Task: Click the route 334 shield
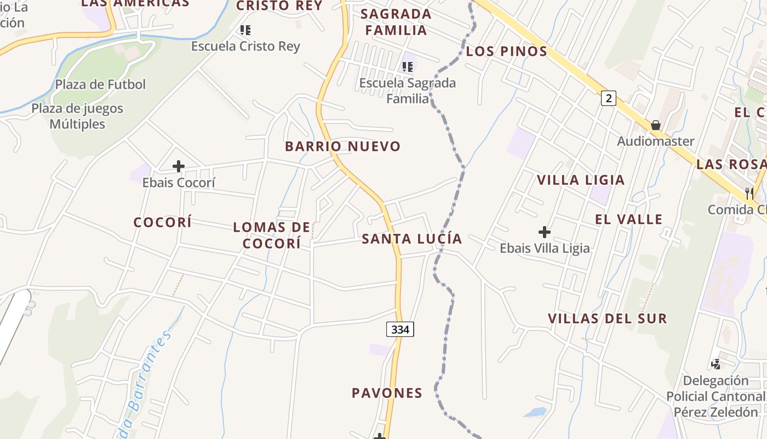pos(400,329)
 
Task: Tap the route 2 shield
pos(608,98)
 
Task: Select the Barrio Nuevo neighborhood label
pos(343,147)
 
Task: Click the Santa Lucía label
pos(412,239)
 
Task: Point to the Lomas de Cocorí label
pos(272,235)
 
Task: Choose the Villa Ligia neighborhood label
pos(581,180)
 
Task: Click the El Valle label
pos(629,219)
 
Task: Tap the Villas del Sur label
pos(608,318)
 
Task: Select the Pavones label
pos(387,393)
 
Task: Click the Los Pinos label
pos(507,52)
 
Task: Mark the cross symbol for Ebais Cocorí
pos(179,166)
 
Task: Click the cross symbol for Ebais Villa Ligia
pos(544,232)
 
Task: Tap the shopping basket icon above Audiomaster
pos(656,125)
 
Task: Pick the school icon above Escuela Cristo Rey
pos(245,30)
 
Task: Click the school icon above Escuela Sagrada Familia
pos(408,67)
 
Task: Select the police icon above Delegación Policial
pos(716,364)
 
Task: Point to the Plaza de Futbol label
pos(100,85)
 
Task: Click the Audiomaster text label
pos(656,142)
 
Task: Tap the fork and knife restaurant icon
pos(749,193)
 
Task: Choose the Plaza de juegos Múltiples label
pos(77,116)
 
